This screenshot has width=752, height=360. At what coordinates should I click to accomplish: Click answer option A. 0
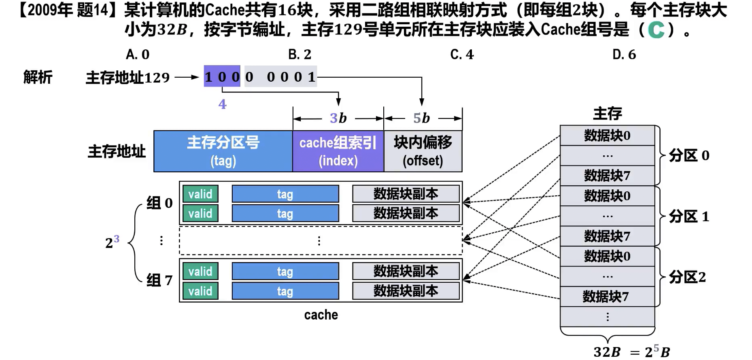(138, 55)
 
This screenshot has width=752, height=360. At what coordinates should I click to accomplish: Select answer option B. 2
(300, 55)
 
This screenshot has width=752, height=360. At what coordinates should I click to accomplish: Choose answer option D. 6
(624, 55)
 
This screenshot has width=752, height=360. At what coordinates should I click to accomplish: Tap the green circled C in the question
(656, 30)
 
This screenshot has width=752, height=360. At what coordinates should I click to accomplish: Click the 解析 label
(38, 77)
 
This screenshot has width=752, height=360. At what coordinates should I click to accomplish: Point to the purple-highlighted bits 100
(222, 76)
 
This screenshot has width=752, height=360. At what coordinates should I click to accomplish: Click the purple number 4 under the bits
(222, 104)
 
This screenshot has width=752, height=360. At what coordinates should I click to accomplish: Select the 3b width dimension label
(338, 118)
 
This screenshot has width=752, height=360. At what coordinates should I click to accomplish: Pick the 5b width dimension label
(421, 118)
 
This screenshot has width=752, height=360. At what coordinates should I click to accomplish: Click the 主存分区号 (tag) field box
(223, 151)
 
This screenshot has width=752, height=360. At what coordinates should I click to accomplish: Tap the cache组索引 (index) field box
(338, 151)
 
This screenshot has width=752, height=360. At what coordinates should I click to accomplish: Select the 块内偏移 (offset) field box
(423, 151)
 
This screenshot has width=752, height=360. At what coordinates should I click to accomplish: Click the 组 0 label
(159, 203)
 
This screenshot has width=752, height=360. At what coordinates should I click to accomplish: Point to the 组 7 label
(159, 280)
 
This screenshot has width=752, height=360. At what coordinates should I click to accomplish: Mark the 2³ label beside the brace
(112, 242)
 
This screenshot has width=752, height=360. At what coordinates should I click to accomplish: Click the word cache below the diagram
(321, 315)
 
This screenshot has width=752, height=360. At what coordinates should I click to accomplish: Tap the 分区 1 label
(689, 217)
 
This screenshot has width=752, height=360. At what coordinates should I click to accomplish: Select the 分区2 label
(687, 277)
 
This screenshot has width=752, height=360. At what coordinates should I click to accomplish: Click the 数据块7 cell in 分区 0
(607, 176)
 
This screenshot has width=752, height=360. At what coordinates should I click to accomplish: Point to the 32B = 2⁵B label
(631, 352)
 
